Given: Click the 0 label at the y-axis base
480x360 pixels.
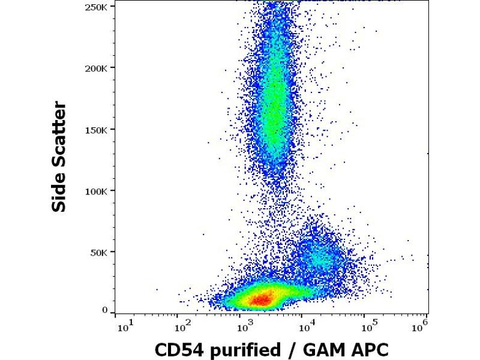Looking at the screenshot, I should point(105,310).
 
